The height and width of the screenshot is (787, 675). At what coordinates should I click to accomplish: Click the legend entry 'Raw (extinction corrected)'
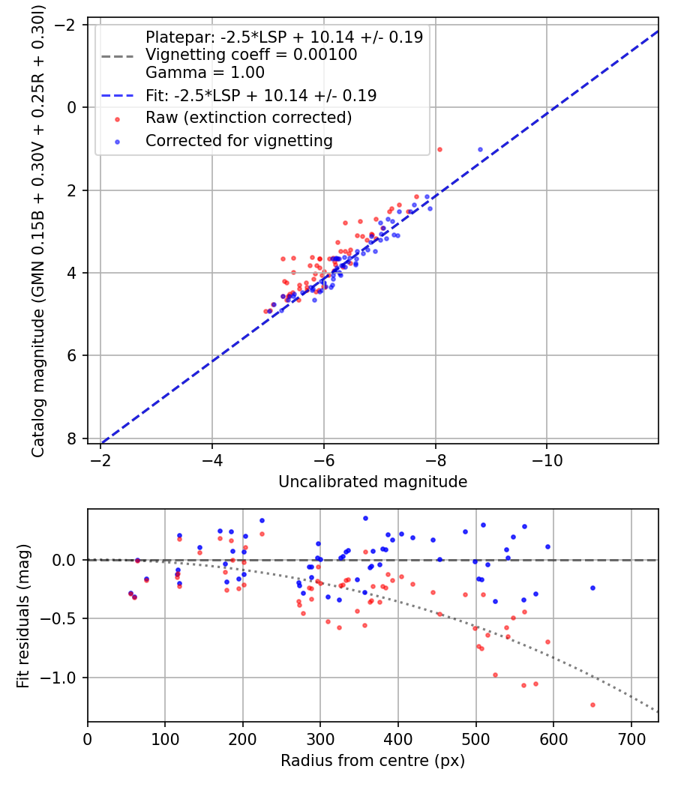[x=248, y=118]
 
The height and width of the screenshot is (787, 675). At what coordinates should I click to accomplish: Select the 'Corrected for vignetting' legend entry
[x=238, y=140]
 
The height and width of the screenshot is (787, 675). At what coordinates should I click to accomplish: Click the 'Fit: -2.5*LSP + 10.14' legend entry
[x=260, y=96]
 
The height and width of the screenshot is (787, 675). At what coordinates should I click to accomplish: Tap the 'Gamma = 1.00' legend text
[x=205, y=73]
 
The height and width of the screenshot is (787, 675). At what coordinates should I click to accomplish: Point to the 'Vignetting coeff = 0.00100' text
[x=251, y=55]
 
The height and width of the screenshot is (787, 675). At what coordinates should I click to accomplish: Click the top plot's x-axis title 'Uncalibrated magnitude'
[x=373, y=482]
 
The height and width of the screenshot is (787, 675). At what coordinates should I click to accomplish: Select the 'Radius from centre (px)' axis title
[x=373, y=761]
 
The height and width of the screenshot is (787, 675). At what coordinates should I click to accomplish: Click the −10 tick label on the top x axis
[x=546, y=458]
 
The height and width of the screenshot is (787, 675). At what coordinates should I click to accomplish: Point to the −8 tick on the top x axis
[x=435, y=458]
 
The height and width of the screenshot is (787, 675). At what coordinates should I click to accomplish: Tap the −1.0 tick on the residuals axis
[x=64, y=678]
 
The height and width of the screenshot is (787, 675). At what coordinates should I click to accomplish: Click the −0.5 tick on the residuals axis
[x=64, y=619]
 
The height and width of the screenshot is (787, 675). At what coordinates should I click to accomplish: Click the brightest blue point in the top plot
[x=480, y=149]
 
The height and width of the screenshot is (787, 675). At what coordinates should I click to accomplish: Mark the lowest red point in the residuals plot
[x=592, y=705]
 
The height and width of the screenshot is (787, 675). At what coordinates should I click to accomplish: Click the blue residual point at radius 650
[x=592, y=588]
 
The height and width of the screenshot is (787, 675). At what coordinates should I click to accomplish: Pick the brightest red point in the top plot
[x=439, y=149]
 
